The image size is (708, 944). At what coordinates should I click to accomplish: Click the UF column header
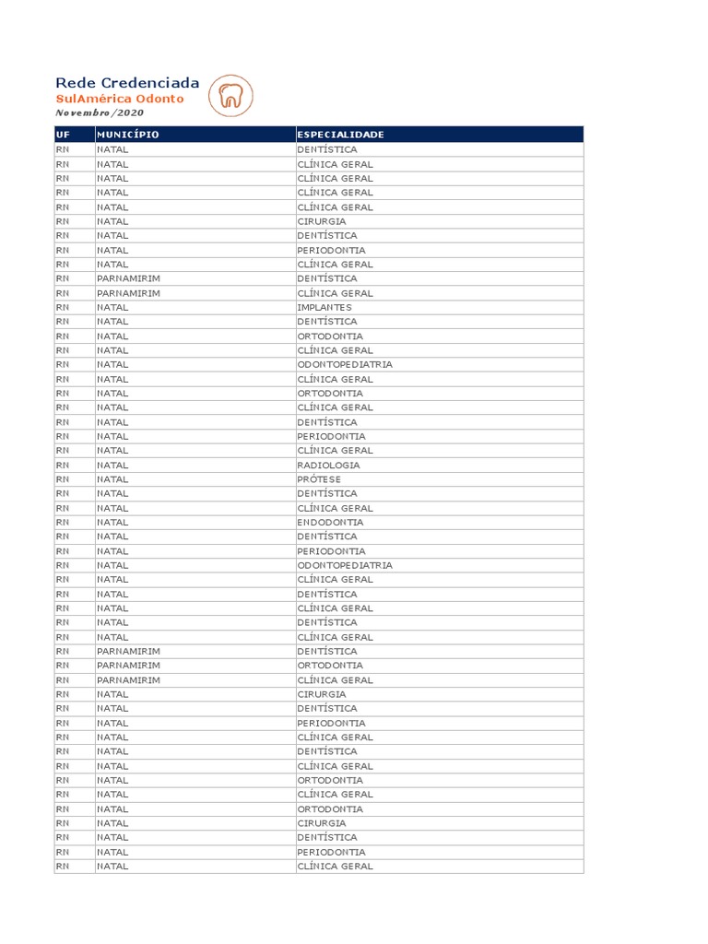point(63,135)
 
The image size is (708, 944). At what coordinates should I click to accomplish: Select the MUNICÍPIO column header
point(128,135)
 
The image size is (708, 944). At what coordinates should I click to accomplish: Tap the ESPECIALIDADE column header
point(340,135)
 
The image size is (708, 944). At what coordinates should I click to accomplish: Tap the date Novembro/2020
point(100,112)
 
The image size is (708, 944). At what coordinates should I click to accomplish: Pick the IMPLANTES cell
point(324,307)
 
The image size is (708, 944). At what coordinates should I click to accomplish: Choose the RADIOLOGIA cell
point(328,465)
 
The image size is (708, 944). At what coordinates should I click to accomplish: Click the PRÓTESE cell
point(319,479)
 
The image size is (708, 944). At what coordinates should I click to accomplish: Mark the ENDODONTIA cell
point(330,522)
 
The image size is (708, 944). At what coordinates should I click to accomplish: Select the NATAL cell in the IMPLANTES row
point(112,307)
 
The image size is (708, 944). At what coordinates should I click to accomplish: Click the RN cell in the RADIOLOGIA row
point(63,465)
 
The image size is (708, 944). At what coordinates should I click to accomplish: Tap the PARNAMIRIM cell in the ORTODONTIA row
point(128,666)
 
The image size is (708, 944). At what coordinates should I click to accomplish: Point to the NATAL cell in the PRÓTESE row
point(112,479)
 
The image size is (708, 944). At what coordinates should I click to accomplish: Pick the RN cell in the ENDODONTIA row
point(63,522)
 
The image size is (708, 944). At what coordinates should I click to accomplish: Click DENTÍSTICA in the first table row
point(327,149)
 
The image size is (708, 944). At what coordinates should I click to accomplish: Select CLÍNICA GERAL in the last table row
point(335,867)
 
